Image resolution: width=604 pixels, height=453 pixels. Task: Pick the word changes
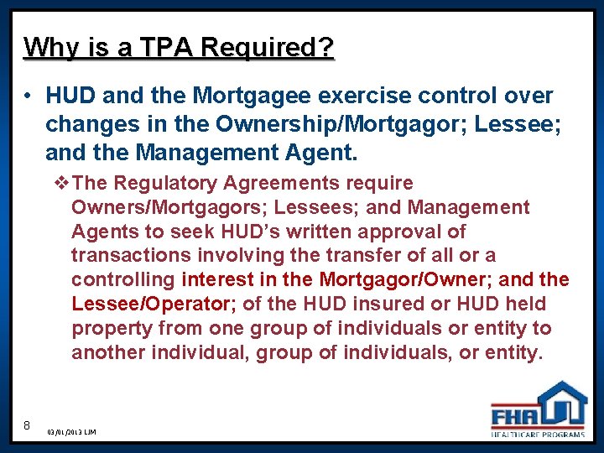tap(87, 126)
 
